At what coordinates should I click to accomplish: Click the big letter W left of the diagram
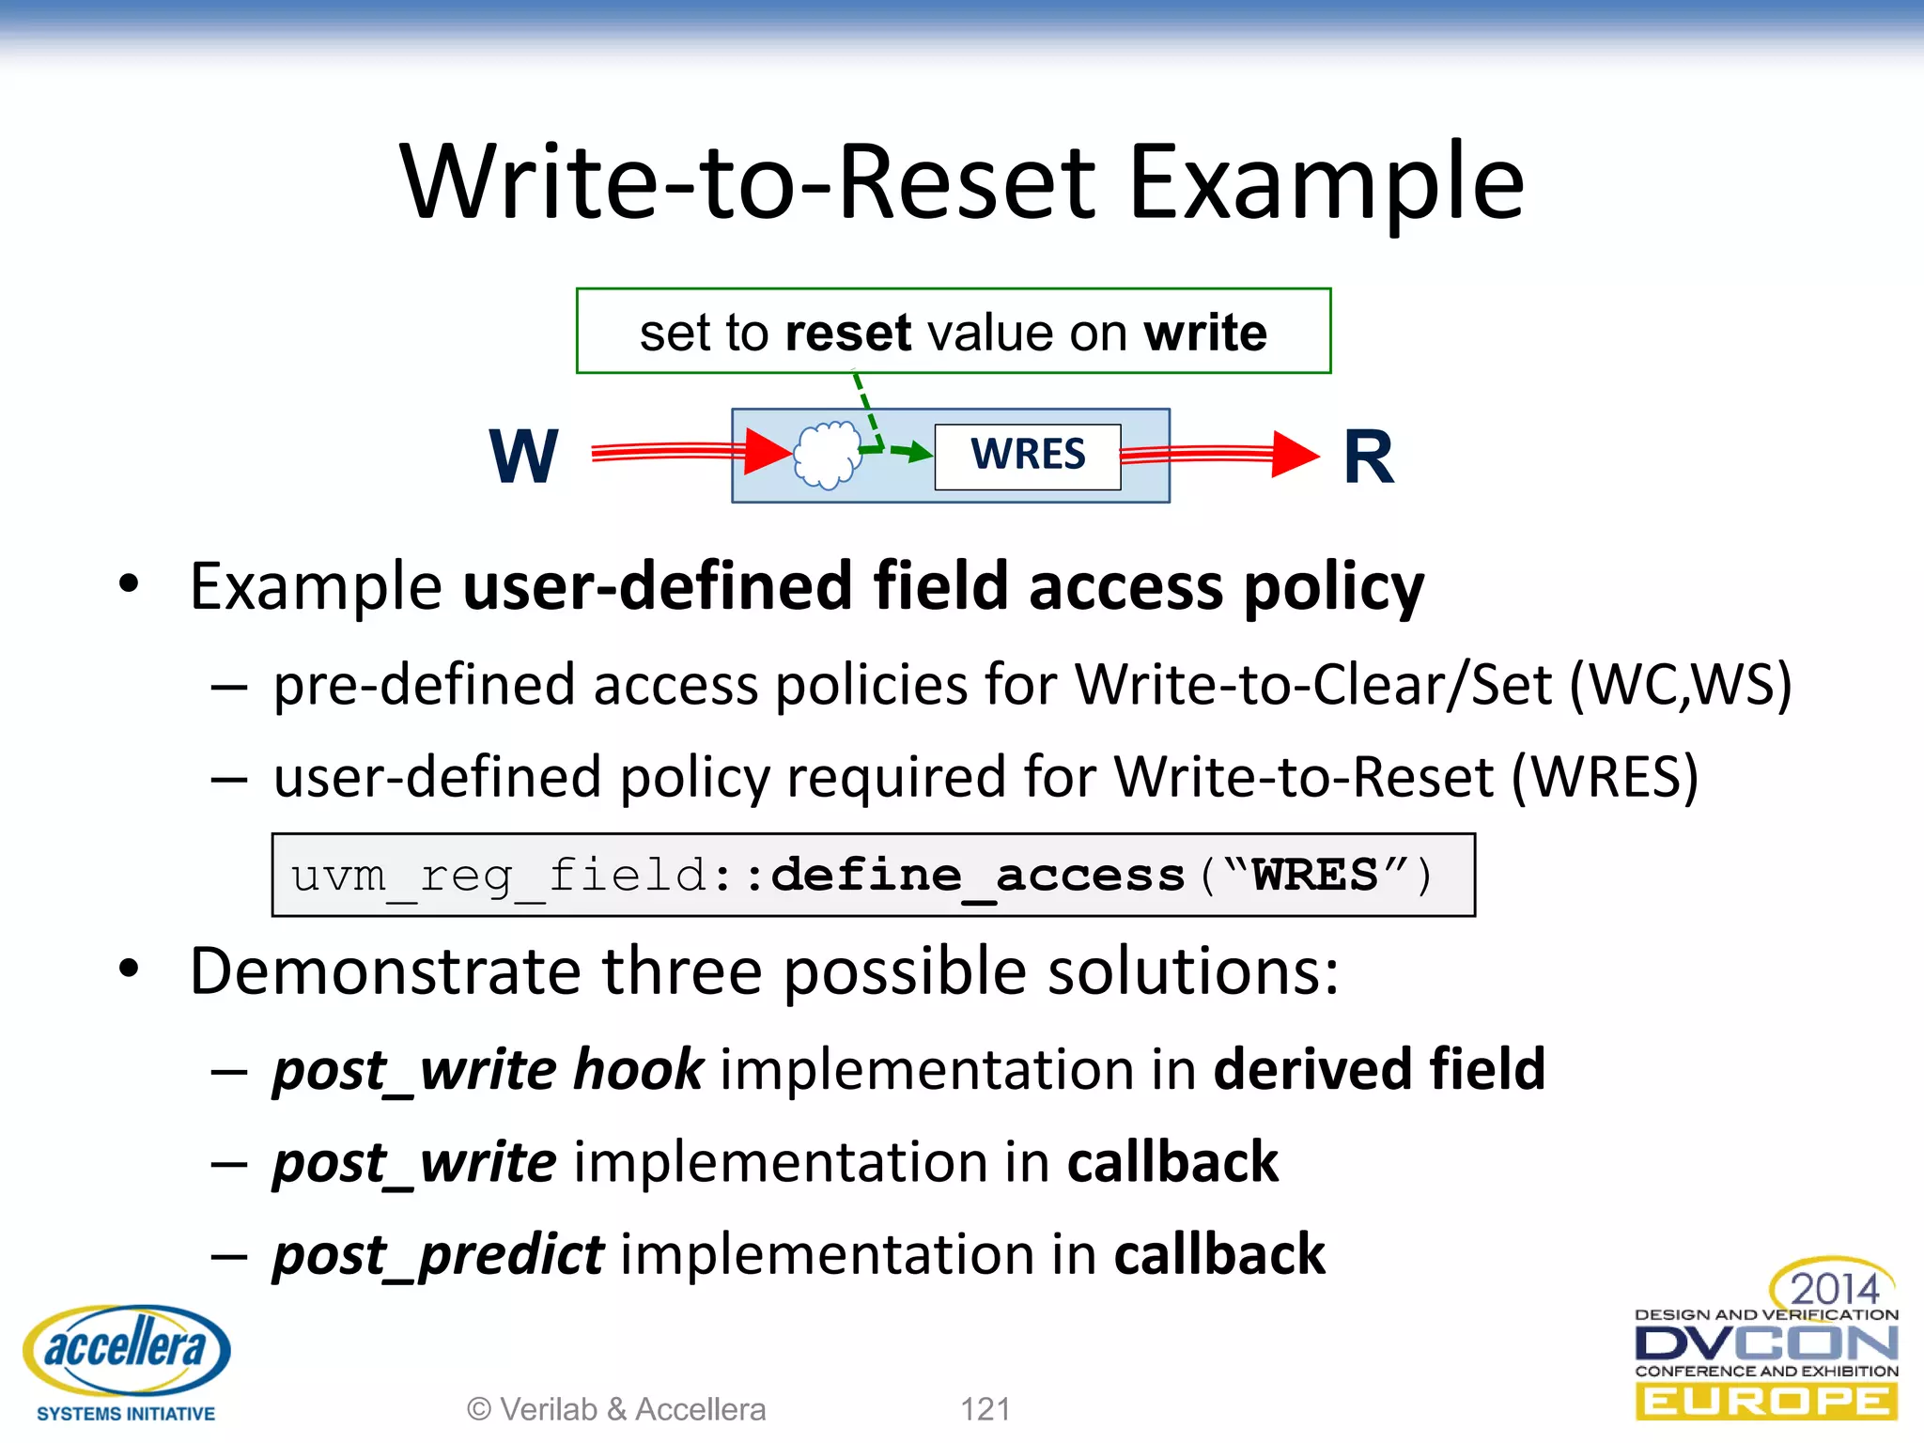pos(523,457)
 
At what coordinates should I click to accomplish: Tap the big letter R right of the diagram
pos(1368,458)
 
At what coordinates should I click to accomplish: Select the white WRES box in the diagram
pos(1027,456)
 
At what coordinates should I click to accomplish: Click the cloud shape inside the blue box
pos(827,455)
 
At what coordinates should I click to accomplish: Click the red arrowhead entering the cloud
pos(768,452)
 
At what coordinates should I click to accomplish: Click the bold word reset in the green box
pos(847,334)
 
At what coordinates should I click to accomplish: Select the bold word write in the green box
pos(1204,334)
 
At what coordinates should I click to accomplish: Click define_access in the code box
pos(977,876)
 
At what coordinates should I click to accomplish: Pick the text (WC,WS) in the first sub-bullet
pos(1681,685)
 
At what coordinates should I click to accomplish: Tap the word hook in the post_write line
pos(638,1070)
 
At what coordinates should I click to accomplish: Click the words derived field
pos(1379,1070)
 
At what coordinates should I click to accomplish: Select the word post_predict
pos(438,1256)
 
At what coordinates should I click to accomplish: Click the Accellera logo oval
pos(127,1349)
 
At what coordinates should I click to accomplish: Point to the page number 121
pos(985,1409)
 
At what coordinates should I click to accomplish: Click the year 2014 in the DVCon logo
pos(1834,1288)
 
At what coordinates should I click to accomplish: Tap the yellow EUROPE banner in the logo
pos(1766,1402)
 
